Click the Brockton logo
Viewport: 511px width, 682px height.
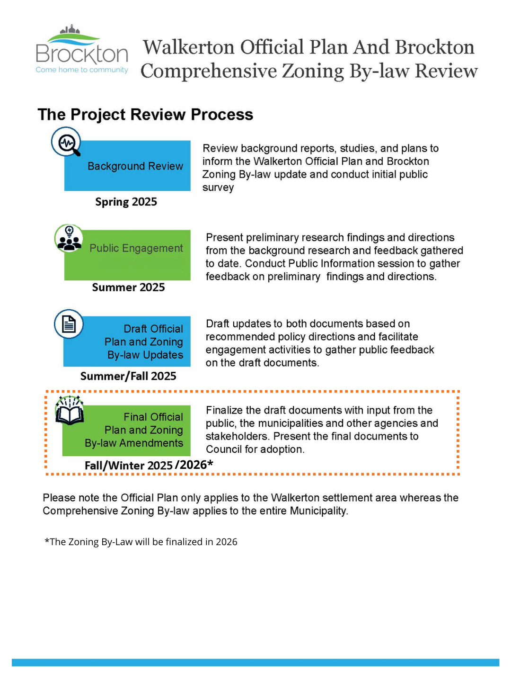[x=82, y=50]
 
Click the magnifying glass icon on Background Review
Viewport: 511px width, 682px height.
[x=66, y=142]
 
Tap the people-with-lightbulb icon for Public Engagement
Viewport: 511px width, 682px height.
[x=69, y=238]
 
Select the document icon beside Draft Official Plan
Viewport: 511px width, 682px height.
[x=69, y=324]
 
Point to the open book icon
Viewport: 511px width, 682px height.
[x=70, y=411]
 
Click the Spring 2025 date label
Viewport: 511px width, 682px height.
[x=126, y=202]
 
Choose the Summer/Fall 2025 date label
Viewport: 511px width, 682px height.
[x=128, y=376]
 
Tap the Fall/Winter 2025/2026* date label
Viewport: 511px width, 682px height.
[x=149, y=465]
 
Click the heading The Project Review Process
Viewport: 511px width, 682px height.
[x=145, y=115]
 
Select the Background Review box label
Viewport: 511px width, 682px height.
[x=135, y=166]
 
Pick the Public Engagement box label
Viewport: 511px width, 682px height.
[x=136, y=248]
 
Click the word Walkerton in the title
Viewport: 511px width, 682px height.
[x=189, y=47]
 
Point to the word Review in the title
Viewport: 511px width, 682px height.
[x=446, y=71]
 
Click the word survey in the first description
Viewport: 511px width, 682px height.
[x=218, y=188]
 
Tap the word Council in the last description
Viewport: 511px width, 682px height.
[x=224, y=449]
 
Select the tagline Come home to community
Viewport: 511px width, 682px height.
[x=82, y=70]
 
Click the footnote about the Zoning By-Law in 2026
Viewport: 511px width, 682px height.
[x=141, y=542]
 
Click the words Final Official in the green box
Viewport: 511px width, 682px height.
[x=153, y=417]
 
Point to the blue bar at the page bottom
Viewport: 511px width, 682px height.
[x=255, y=662]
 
